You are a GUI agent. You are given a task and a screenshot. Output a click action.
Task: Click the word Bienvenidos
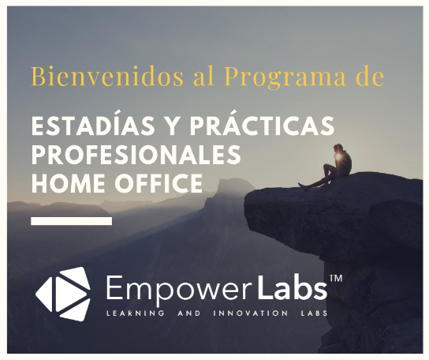click(x=107, y=76)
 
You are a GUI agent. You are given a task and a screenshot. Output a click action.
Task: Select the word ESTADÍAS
click(x=93, y=125)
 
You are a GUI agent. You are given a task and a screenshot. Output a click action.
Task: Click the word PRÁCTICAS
click(x=262, y=125)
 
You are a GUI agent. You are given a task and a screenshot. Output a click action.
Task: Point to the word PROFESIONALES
click(x=136, y=155)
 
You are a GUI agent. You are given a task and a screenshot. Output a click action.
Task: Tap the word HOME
click(x=68, y=183)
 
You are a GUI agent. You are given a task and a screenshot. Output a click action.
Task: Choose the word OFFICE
click(x=159, y=183)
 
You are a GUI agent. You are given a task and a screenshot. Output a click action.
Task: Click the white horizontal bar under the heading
click(x=72, y=221)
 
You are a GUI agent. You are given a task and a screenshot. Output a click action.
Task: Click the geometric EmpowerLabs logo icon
click(x=63, y=294)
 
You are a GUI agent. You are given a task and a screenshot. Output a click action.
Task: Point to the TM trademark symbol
click(x=336, y=279)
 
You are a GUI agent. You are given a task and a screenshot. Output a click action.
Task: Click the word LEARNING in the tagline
click(x=136, y=313)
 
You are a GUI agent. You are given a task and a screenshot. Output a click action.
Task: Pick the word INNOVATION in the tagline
click(x=250, y=313)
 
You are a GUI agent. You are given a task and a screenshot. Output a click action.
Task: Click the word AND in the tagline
click(x=189, y=313)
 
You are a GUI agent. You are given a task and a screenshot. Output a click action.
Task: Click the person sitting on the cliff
click(x=328, y=167)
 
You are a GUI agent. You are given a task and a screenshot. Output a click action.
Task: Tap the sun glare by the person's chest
click(x=338, y=156)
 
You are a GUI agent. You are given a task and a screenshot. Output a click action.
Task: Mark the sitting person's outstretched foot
click(x=302, y=186)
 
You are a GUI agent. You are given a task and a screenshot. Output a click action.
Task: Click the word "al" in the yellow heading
click(x=203, y=76)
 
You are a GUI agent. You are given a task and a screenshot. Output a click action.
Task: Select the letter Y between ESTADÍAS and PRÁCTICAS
click(x=173, y=126)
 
